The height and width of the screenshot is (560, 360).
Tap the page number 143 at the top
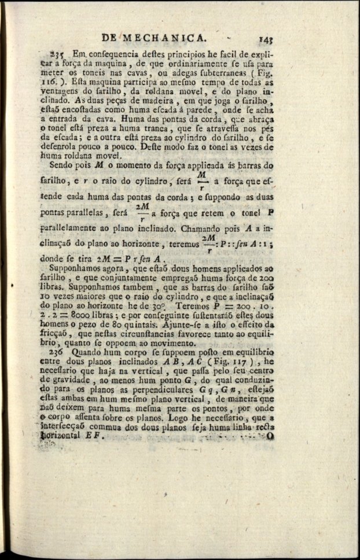[266, 39]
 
